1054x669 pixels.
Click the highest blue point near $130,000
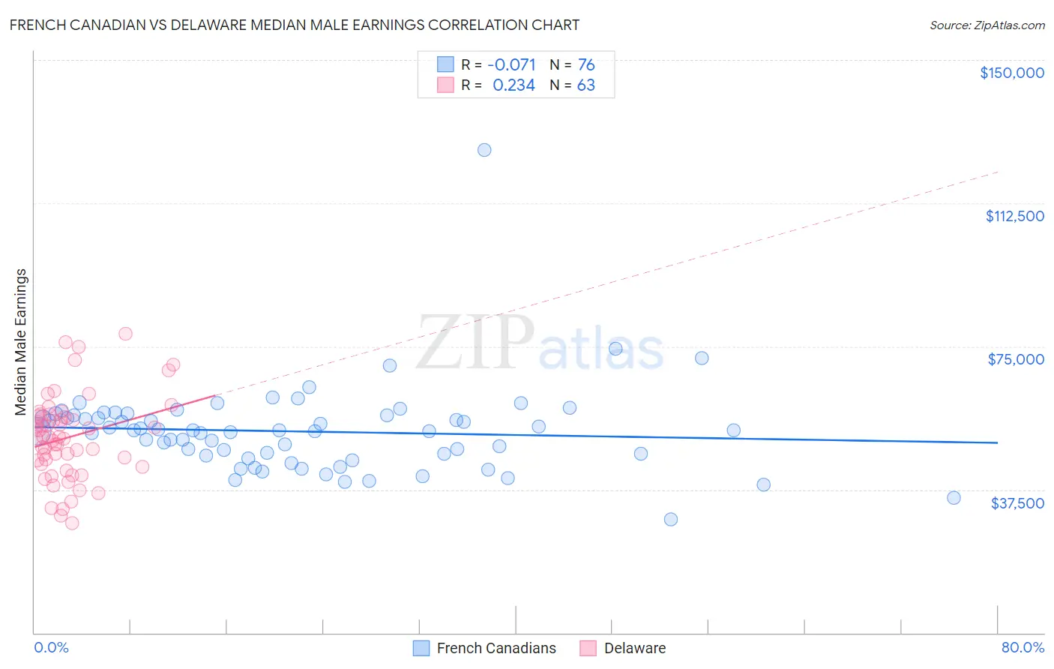point(484,150)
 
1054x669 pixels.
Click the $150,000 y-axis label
point(1011,73)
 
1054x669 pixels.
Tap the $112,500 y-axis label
point(1014,216)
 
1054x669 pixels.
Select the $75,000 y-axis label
point(1016,359)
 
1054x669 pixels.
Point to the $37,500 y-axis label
point(1017,503)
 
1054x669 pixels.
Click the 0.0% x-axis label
point(51,647)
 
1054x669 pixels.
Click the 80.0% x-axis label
point(1023,647)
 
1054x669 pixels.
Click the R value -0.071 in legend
point(511,64)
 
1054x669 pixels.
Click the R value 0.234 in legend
point(514,85)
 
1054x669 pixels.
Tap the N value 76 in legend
point(586,64)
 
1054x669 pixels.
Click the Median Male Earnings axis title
point(21,342)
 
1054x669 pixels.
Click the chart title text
point(294,25)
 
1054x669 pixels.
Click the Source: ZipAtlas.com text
point(987,25)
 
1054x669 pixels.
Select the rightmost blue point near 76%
point(954,498)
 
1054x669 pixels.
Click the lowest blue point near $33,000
point(671,519)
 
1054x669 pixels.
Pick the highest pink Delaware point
point(125,334)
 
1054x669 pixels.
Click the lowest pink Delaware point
point(72,523)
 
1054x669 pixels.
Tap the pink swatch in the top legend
point(445,85)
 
